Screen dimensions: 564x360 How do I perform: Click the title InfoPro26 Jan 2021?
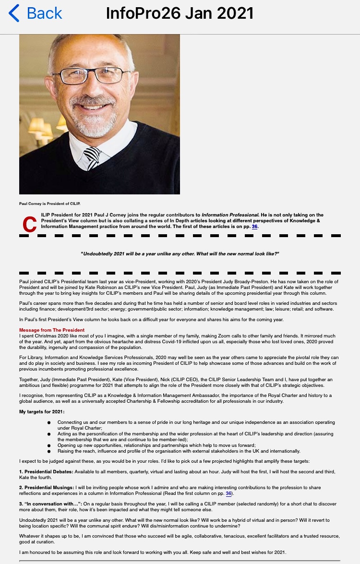pyautogui.click(x=180, y=13)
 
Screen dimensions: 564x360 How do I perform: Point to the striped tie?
pyautogui.click(x=92, y=158)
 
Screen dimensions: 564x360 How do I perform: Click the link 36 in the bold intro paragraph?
pyautogui.click(x=255, y=227)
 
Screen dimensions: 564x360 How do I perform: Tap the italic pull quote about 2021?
pyautogui.click(x=180, y=253)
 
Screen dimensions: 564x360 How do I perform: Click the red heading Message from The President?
pyautogui.click(x=52, y=330)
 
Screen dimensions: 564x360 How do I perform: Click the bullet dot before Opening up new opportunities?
pyautogui.click(x=49, y=445)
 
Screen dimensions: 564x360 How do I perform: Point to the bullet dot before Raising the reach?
pyautogui.click(x=49, y=451)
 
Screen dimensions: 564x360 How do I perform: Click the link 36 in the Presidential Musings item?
pyautogui.click(x=228, y=493)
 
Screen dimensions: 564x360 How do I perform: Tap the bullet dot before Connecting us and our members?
pyautogui.click(x=49, y=422)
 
